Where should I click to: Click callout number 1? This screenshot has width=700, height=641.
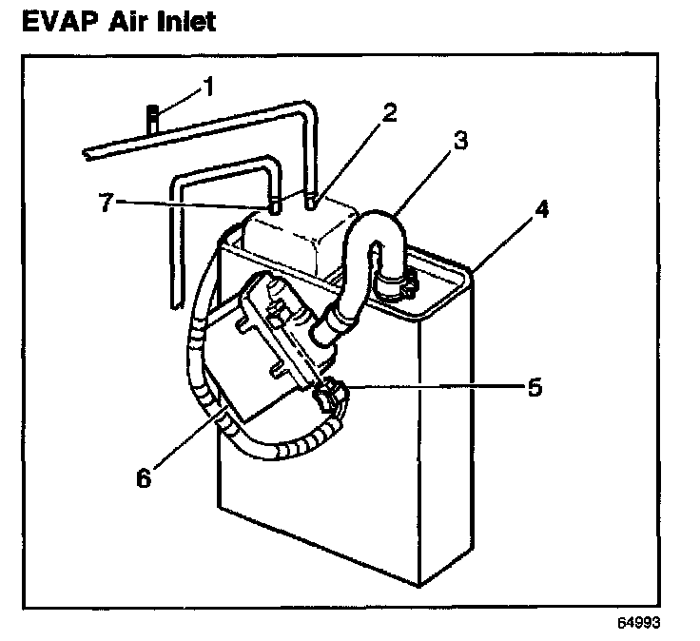tap(209, 90)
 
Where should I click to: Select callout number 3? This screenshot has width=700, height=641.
tap(460, 142)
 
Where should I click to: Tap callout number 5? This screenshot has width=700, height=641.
tap(535, 388)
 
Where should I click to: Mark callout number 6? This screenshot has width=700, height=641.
tap(145, 478)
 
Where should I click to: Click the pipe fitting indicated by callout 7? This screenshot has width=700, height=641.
tap(273, 205)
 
